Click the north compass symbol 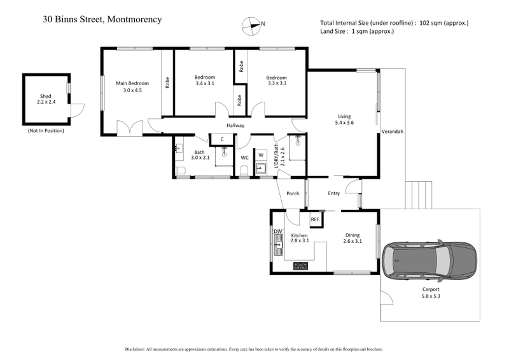click(x=252, y=25)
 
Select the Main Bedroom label click(x=132, y=83)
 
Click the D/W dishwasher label click(x=277, y=232)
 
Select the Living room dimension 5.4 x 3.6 click(x=344, y=123)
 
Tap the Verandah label click(x=392, y=132)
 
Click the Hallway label click(x=235, y=125)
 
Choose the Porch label click(x=293, y=193)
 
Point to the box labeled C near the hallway click(x=221, y=139)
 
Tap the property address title click(x=102, y=19)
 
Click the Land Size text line click(x=357, y=31)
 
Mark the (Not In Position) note click(x=46, y=130)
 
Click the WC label click(x=244, y=158)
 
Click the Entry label click(x=333, y=193)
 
